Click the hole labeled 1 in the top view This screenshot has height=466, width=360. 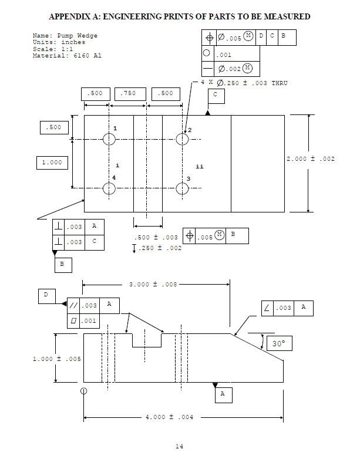(x=109, y=139)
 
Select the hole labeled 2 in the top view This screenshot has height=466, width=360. (x=182, y=139)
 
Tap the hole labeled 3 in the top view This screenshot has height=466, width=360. (x=182, y=188)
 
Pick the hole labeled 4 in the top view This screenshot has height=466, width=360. (x=109, y=188)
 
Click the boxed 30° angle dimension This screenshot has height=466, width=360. (x=278, y=344)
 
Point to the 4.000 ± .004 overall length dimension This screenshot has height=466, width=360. (x=170, y=418)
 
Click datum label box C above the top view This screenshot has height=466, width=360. (x=216, y=94)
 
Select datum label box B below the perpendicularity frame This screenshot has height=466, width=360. (x=63, y=265)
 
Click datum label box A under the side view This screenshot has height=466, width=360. (x=223, y=395)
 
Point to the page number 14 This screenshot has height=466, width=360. (x=179, y=447)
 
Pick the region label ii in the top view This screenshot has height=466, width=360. (x=200, y=167)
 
